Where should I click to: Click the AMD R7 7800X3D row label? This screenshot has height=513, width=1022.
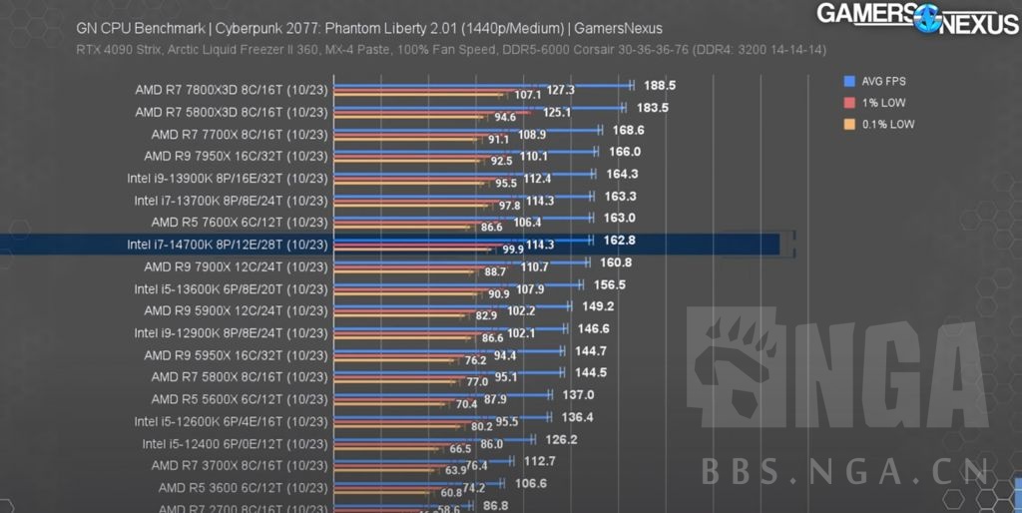(x=232, y=90)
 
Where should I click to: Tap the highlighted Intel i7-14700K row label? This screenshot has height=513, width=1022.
(x=228, y=245)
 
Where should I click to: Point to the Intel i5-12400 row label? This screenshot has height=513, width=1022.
(x=235, y=444)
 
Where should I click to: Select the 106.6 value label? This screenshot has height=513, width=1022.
(x=530, y=483)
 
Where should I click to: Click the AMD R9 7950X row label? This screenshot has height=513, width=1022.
(x=236, y=156)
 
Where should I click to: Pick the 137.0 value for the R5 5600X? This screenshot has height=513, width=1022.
(x=578, y=394)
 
